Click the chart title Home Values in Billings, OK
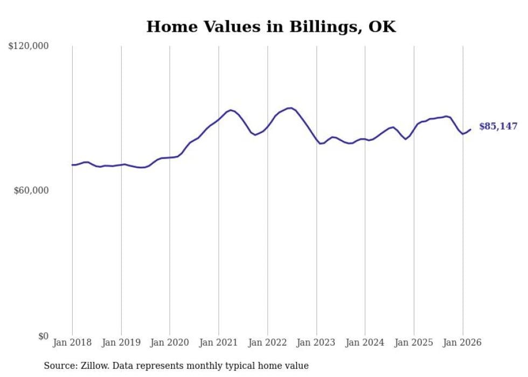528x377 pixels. [271, 26]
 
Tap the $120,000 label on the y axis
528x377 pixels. [29, 46]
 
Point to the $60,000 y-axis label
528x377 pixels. [31, 190]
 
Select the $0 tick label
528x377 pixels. [43, 336]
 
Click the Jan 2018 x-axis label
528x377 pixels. [72, 342]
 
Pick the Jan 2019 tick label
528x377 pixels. [121, 342]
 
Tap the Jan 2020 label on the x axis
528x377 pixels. [170, 342]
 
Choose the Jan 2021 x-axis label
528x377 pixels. [219, 342]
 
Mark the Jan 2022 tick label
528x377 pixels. [268, 342]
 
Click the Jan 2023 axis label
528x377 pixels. [316, 342]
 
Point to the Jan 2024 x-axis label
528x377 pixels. [365, 342]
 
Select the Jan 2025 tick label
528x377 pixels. [414, 342]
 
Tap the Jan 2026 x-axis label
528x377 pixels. [462, 342]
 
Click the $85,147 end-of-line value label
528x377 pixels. [498, 127]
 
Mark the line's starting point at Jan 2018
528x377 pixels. [72, 165]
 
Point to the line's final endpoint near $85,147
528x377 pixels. [470, 129]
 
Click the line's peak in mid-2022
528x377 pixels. [291, 108]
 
